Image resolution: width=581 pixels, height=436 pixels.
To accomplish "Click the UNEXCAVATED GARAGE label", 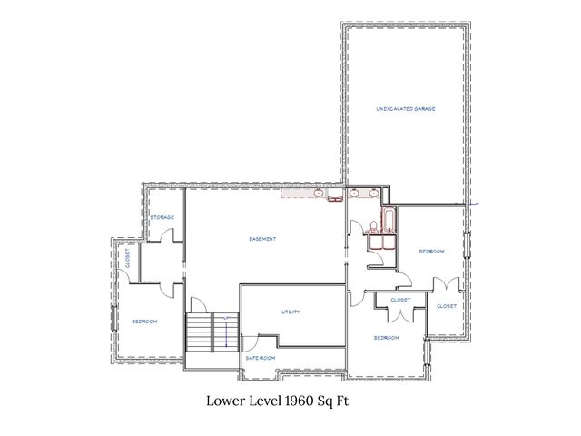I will [x=406, y=109].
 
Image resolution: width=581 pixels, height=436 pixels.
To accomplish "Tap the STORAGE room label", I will [x=162, y=217].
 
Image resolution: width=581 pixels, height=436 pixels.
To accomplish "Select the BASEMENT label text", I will [x=262, y=239].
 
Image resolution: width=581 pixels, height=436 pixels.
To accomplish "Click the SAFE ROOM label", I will [x=261, y=358].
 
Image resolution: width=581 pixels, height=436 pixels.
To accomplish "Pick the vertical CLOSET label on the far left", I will [x=128, y=261].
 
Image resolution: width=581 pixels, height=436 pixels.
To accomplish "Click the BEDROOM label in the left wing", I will [x=144, y=322].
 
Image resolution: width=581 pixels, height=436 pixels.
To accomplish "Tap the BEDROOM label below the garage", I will [x=430, y=251].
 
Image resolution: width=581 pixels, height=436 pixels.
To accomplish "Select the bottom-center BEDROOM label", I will [x=387, y=338].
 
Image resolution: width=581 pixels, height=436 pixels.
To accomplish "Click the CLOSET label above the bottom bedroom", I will [x=399, y=300].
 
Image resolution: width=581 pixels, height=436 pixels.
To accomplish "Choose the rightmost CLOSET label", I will [x=447, y=306].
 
